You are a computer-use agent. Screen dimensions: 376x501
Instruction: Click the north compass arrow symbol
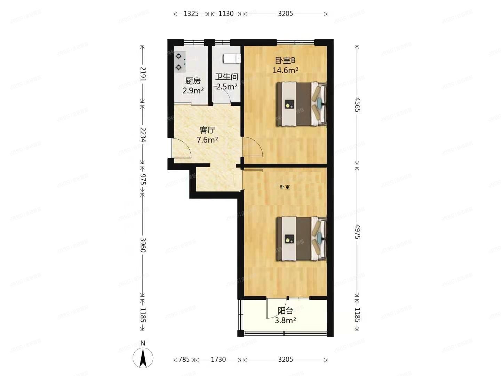[143, 358]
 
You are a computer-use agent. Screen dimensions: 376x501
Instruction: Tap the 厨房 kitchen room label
[193, 81]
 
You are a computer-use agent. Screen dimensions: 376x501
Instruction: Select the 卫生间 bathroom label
[226, 77]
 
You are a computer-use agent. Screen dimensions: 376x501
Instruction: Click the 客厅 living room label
[207, 130]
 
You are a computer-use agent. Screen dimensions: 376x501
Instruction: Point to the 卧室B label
[285, 61]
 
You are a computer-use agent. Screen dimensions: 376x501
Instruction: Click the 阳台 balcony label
[285, 311]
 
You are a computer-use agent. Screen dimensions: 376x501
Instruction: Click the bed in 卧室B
[301, 104]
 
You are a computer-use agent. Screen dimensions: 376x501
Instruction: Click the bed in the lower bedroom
[301, 239]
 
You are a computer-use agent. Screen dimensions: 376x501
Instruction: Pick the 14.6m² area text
[285, 70]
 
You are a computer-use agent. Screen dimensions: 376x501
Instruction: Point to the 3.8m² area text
[285, 321]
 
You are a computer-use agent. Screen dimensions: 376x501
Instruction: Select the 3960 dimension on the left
[143, 245]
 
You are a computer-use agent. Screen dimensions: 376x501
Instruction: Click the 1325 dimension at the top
[191, 14]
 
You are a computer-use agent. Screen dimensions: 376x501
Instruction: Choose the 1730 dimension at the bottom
[218, 360]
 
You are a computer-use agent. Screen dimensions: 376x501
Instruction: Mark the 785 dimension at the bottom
[184, 360]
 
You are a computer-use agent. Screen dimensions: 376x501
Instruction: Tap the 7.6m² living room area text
[207, 140]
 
